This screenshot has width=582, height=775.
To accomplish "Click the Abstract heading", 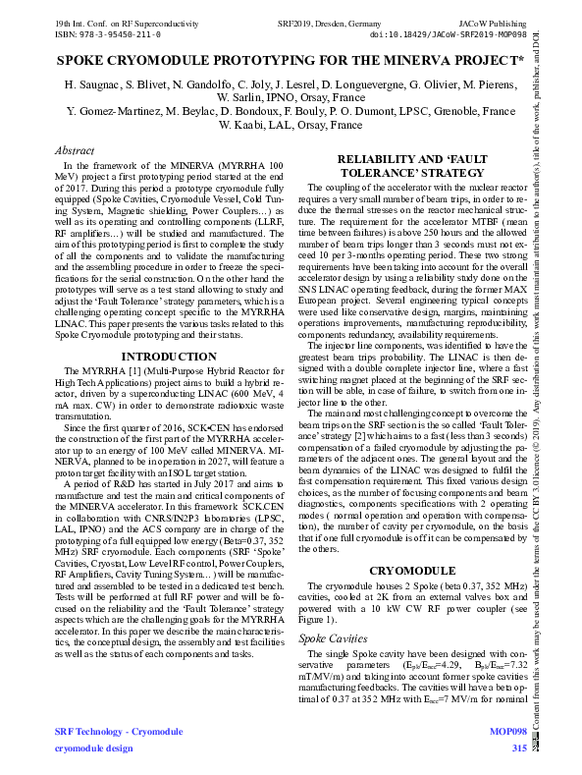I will click(x=74, y=151).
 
